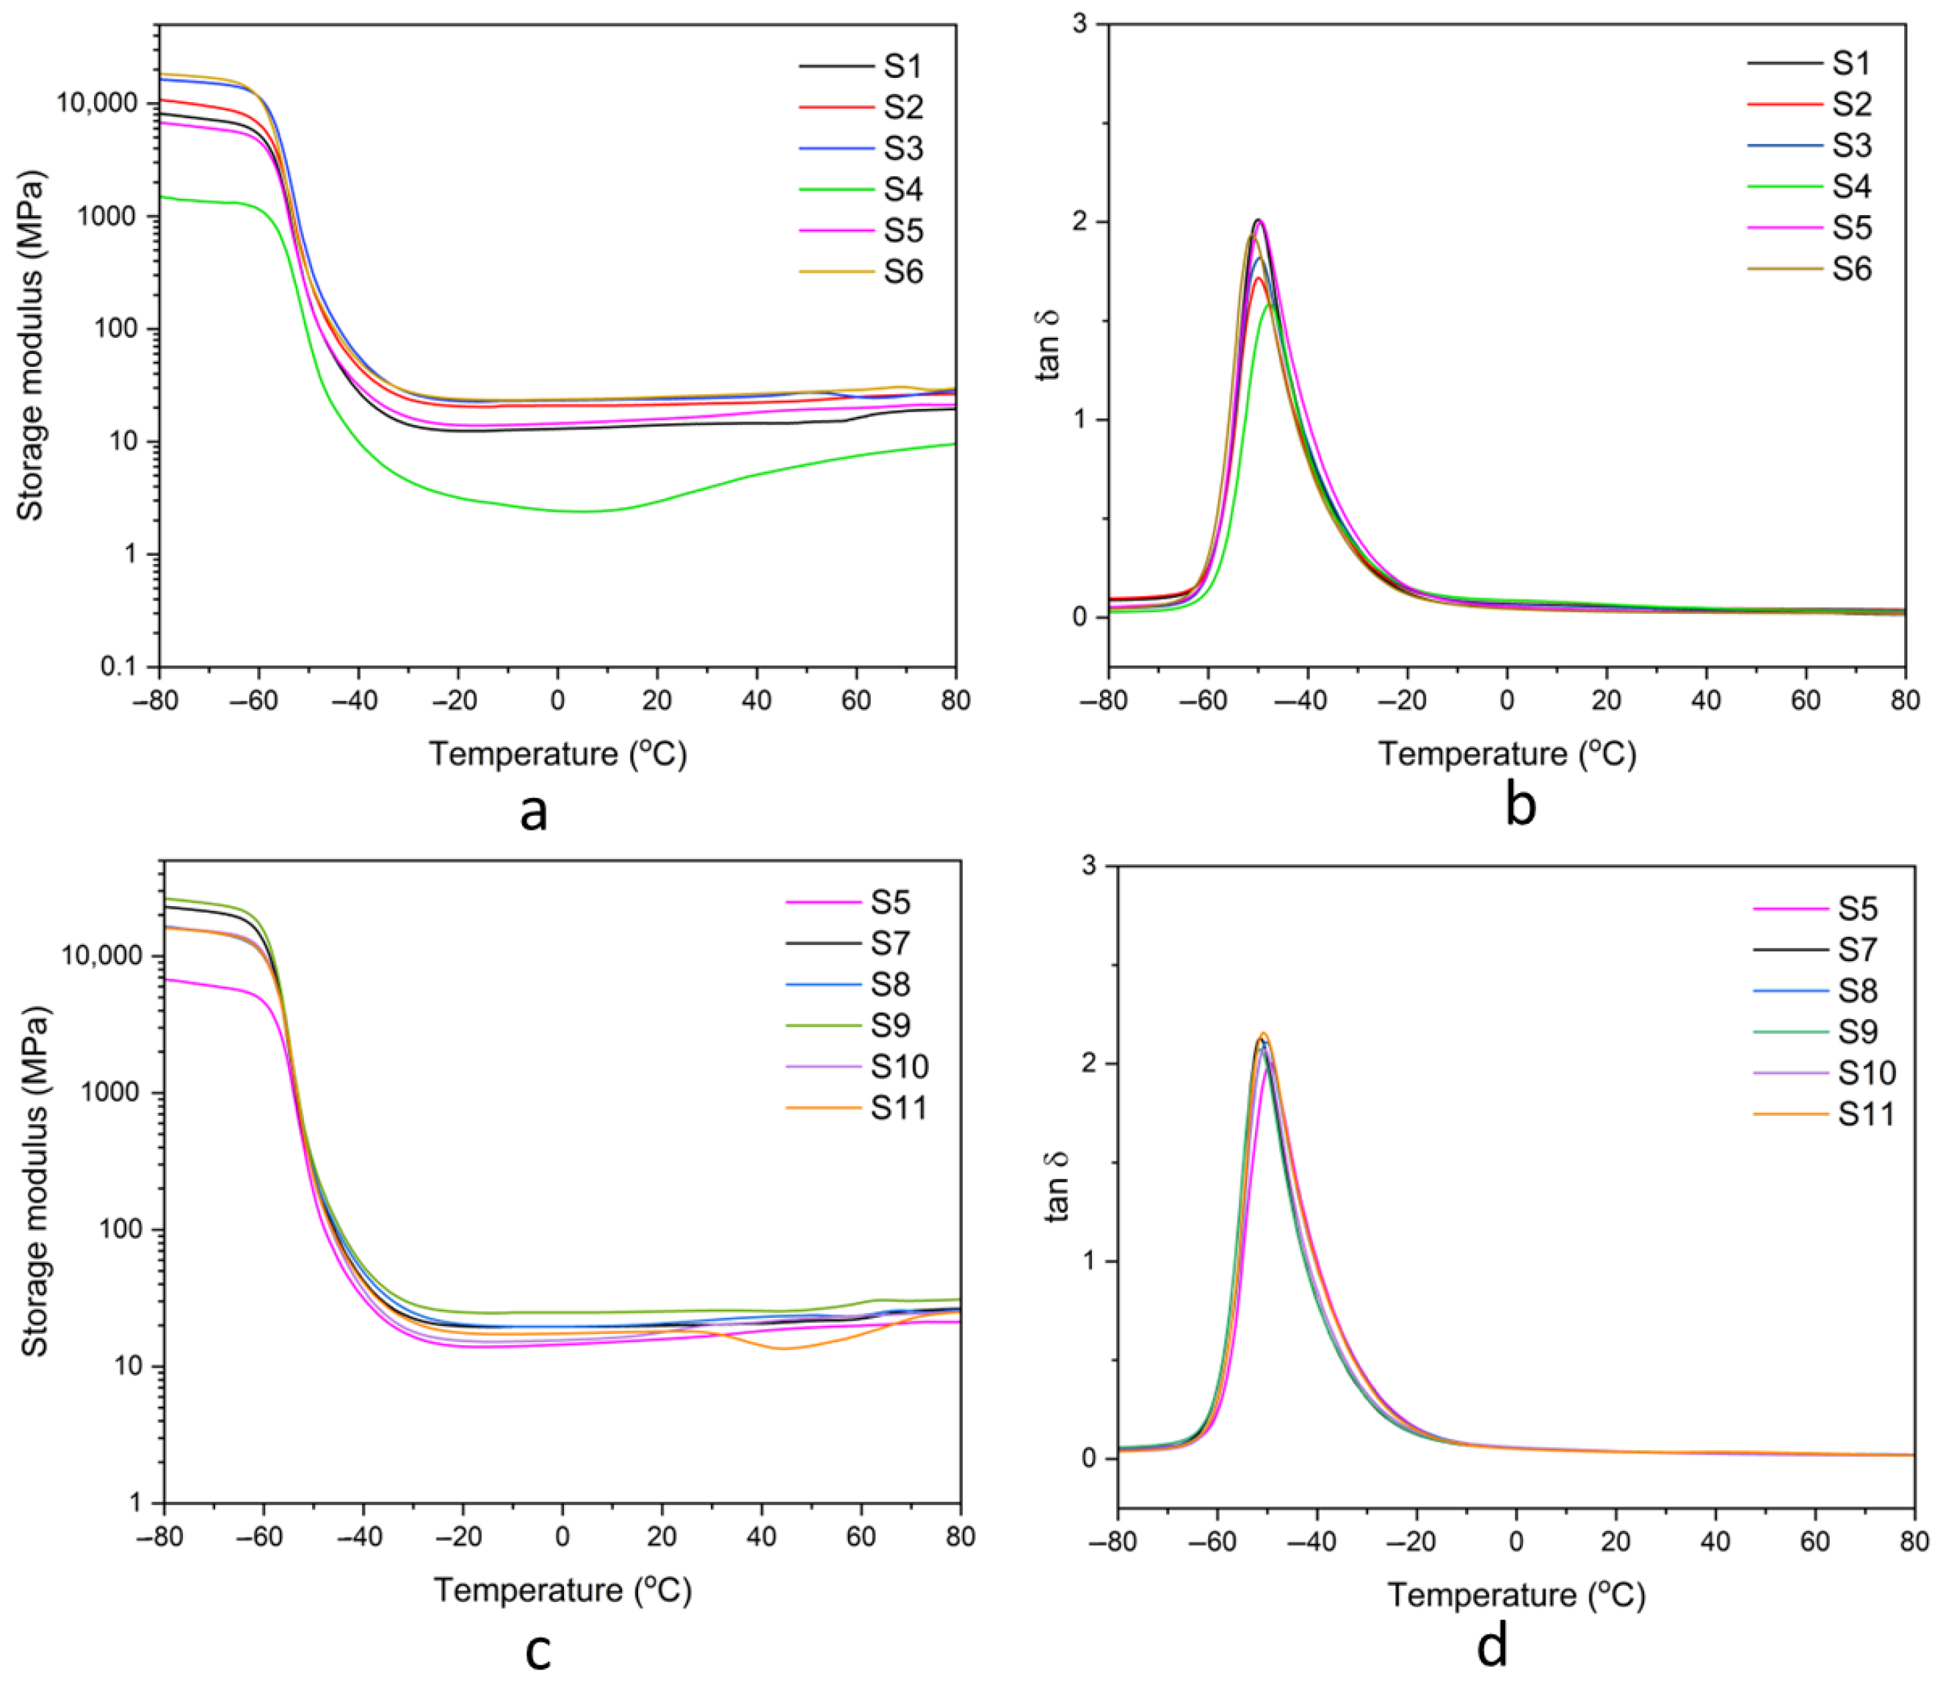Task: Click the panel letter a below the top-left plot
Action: [x=533, y=811]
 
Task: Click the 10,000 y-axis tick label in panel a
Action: [x=98, y=104]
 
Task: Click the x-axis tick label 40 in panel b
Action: [x=1706, y=700]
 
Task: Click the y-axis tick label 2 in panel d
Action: [x=1088, y=1063]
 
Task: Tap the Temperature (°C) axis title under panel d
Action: [x=1516, y=1595]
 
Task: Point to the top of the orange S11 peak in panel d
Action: [x=1264, y=1033]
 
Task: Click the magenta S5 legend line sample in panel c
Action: [x=824, y=902]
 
